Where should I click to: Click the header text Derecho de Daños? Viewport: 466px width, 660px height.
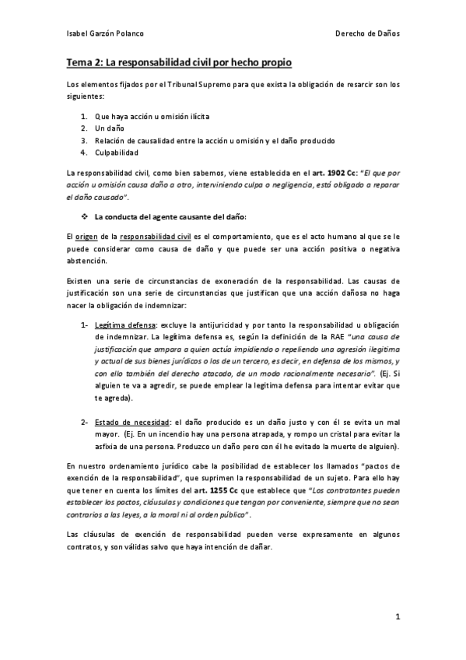pyautogui.click(x=367, y=34)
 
